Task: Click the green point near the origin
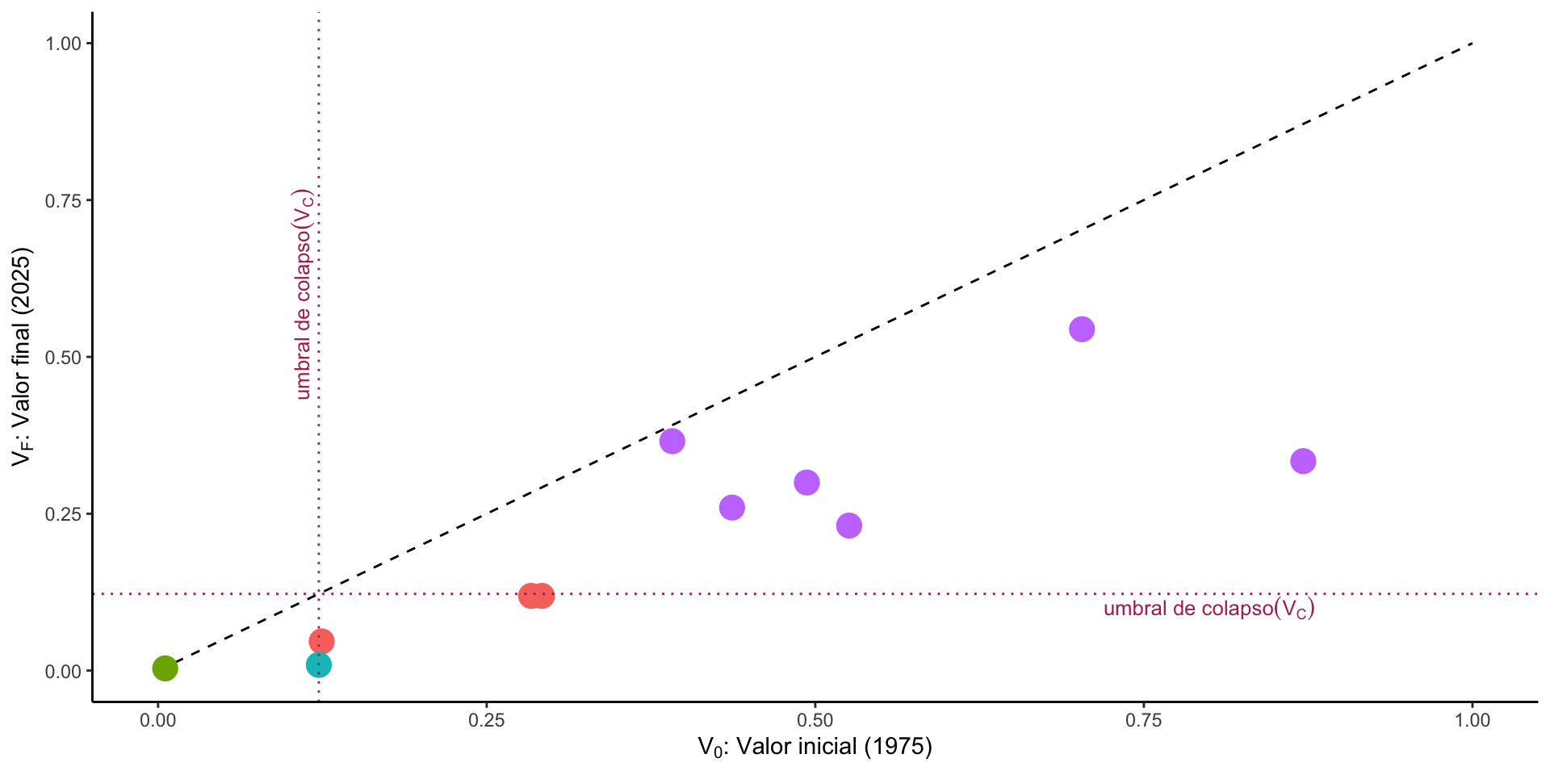pyautogui.click(x=165, y=668)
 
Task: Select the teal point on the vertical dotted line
pyautogui.click(x=318, y=665)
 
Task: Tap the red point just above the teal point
pyautogui.click(x=321, y=642)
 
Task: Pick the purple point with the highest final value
pyautogui.click(x=1082, y=329)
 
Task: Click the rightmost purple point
pyautogui.click(x=1303, y=462)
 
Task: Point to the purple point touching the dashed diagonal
pyautogui.click(x=672, y=442)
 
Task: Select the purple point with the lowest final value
pyautogui.click(x=848, y=526)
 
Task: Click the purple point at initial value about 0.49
pyautogui.click(x=806, y=483)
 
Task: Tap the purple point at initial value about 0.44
pyautogui.click(x=731, y=508)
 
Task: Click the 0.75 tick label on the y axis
pyautogui.click(x=64, y=200)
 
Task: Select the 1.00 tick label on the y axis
pyautogui.click(x=64, y=44)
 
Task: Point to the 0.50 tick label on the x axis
pyautogui.click(x=815, y=720)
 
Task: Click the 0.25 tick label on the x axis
pyautogui.click(x=486, y=720)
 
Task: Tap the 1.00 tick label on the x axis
pyautogui.click(x=1472, y=720)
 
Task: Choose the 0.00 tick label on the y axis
pyautogui.click(x=64, y=671)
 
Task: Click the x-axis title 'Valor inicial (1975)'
pyautogui.click(x=815, y=748)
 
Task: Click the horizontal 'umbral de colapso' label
pyautogui.click(x=1209, y=609)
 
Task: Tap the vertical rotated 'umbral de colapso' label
pyautogui.click(x=304, y=295)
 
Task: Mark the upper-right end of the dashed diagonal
pyautogui.click(x=1472, y=44)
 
